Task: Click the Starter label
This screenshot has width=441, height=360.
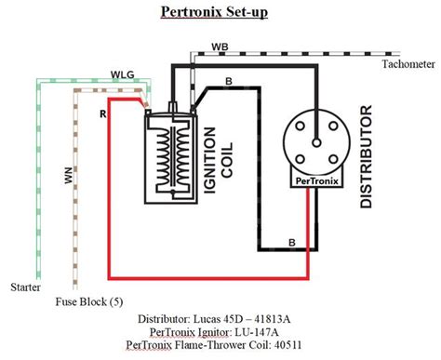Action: [24, 287]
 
